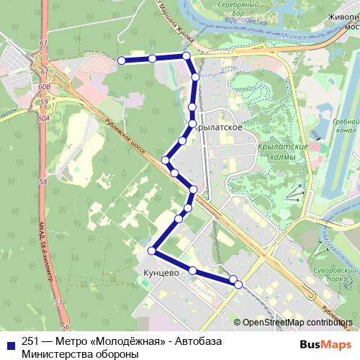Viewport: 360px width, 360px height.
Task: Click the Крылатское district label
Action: coord(217,127)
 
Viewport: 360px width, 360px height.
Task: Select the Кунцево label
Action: coord(156,274)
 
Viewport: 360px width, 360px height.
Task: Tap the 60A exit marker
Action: coord(44,117)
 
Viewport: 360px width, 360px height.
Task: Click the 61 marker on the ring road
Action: coord(44,44)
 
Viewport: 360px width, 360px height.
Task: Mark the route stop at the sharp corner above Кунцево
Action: coord(151,251)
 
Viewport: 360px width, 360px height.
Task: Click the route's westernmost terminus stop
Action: coord(122,60)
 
